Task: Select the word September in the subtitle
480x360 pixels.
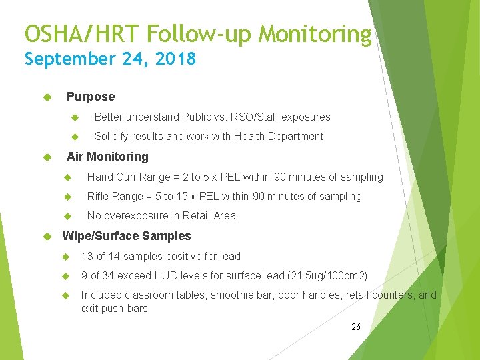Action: pyautogui.click(x=69, y=59)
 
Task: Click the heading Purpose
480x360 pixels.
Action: pyautogui.click(x=91, y=97)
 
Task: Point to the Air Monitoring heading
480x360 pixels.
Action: pyautogui.click(x=107, y=157)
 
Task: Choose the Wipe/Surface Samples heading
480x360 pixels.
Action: pyautogui.click(x=126, y=236)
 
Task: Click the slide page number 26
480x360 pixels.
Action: pyautogui.click(x=356, y=327)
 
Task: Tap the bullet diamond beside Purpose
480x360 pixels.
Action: pyautogui.click(x=47, y=97)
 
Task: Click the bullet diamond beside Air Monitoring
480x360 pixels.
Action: pyautogui.click(x=47, y=157)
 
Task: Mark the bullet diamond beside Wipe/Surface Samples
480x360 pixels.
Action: pyautogui.click(x=47, y=237)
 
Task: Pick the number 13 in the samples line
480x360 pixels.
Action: pyautogui.click(x=87, y=257)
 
